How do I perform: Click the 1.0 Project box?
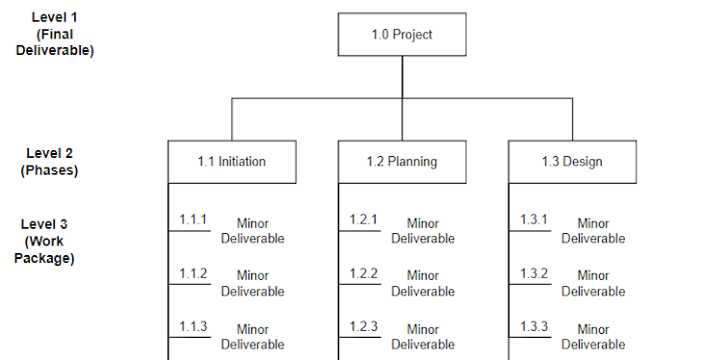(402, 35)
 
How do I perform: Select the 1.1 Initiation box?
(231, 161)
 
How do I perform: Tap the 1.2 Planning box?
(402, 161)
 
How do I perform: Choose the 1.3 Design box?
(572, 161)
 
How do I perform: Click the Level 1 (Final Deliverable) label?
(54, 35)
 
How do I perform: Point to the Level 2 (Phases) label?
(49, 161)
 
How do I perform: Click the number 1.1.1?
(193, 220)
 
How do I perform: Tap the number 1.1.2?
(193, 273)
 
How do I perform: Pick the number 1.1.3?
(193, 326)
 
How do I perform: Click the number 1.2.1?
(363, 220)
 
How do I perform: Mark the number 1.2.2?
(363, 273)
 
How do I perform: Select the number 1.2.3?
(363, 326)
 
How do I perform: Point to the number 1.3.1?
(534, 220)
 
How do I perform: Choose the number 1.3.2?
(534, 273)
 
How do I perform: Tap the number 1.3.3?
(534, 326)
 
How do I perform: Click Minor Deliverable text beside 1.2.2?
(423, 284)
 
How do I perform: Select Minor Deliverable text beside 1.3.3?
(593, 337)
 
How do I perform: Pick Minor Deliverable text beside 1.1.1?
(252, 231)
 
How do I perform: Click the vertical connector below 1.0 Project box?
(402, 76)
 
